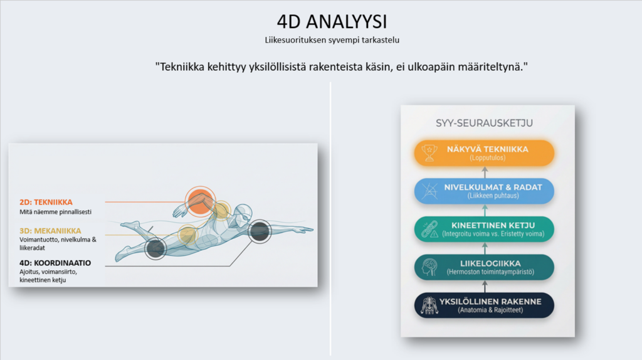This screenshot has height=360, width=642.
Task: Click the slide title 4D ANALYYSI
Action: tap(332, 22)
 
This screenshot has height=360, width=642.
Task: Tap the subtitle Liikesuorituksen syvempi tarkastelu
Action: tap(332, 40)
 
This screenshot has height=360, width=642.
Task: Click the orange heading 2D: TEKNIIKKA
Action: tap(46, 202)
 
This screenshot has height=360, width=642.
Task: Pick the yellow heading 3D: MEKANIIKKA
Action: tap(50, 231)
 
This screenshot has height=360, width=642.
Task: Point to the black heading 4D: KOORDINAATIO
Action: tap(55, 263)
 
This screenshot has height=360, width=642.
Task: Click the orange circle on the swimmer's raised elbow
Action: tap(200, 201)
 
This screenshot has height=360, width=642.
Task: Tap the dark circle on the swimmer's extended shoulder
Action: tap(260, 231)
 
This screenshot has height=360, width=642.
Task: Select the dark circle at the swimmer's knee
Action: tap(155, 248)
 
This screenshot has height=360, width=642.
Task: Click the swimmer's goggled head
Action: tap(243, 213)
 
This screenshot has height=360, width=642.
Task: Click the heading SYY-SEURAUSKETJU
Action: tap(485, 123)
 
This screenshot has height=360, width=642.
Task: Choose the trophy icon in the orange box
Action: tap(429, 153)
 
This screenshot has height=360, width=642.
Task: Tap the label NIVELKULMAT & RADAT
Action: tap(493, 187)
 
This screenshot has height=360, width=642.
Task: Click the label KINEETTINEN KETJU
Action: tap(493, 225)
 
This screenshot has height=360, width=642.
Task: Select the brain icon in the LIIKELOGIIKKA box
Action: tap(429, 267)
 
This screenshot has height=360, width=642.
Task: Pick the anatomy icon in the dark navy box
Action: tap(429, 305)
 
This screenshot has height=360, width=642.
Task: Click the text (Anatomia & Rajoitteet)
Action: tap(490, 310)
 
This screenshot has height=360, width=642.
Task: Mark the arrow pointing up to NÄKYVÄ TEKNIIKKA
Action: tap(485, 172)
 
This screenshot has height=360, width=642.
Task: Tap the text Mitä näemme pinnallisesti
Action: tap(55, 212)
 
